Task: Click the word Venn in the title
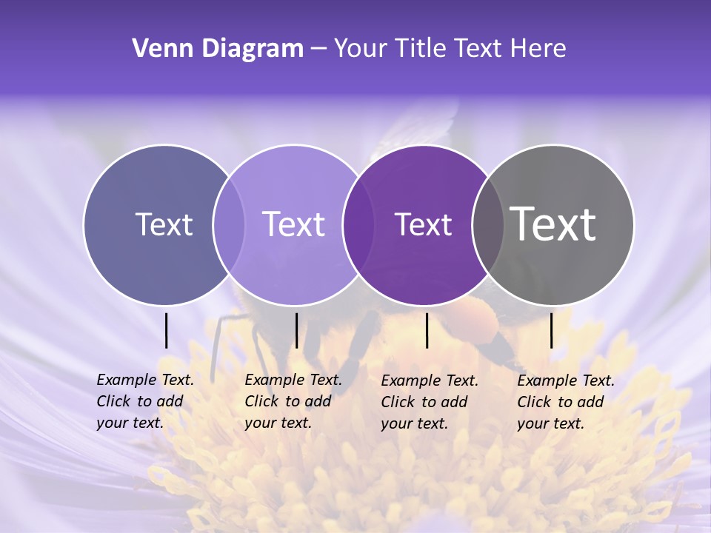point(156,49)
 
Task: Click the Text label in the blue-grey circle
point(164,224)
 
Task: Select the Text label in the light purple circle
point(293,224)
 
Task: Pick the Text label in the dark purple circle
point(423,224)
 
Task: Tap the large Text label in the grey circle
point(553,224)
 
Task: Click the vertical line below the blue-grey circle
point(167,330)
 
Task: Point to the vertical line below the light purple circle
point(296,330)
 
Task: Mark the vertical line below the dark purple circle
point(427,330)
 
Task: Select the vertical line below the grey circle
point(552,330)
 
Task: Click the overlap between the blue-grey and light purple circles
point(229,225)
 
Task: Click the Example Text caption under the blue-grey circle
point(144,401)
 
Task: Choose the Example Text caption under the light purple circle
point(293,401)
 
